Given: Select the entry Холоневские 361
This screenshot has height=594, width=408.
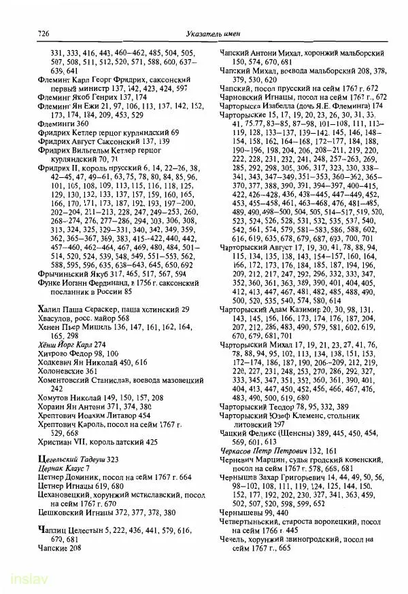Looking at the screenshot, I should [63, 372].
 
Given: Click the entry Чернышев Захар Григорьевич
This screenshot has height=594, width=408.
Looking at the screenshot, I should [277, 477].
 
